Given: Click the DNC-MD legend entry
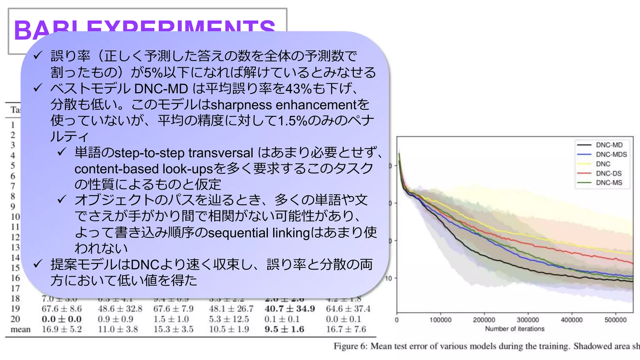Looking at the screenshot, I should (609, 145).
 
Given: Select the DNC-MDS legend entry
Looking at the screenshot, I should (611, 154).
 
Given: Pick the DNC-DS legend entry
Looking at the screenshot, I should (608, 173).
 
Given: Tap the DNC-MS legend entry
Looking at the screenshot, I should (609, 183).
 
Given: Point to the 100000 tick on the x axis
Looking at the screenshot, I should (440, 320).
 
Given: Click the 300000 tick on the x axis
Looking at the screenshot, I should (528, 320).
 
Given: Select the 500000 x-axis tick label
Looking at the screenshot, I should (615, 320).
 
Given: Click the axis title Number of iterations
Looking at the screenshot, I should (515, 329).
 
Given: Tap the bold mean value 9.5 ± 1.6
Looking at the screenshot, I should (284, 329).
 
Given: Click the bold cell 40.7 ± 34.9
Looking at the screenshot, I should (289, 309).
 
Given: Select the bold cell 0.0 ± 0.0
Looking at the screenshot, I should (62, 319).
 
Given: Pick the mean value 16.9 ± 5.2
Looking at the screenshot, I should (62, 329).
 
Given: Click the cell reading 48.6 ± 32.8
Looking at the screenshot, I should (120, 309).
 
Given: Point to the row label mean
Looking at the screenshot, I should (21, 329).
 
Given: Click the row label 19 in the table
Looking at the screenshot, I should (15, 309).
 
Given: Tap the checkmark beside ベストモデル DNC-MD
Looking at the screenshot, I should (38, 88).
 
